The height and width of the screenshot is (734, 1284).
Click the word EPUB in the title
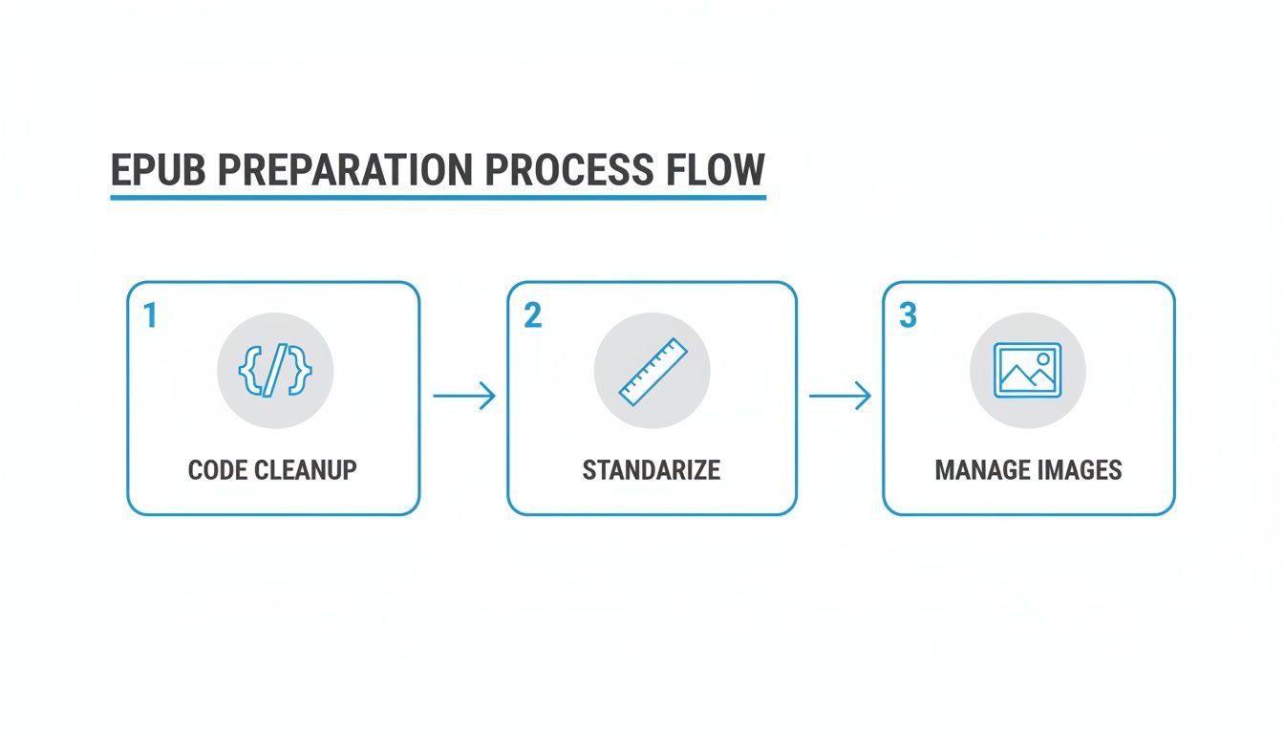159,170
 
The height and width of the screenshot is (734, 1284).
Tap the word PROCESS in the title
569,170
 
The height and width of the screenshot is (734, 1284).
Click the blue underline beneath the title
438,198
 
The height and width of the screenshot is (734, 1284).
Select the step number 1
150,315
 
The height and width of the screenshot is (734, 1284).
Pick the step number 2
532,315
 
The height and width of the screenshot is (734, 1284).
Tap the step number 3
908,315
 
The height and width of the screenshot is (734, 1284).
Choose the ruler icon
653,372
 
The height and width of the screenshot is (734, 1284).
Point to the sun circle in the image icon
1043,359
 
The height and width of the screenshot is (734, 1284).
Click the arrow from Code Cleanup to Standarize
464,396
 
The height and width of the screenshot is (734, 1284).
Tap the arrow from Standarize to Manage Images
841,396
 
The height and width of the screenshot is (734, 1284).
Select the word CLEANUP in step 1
306,470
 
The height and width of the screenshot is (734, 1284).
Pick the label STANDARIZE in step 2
652,470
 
